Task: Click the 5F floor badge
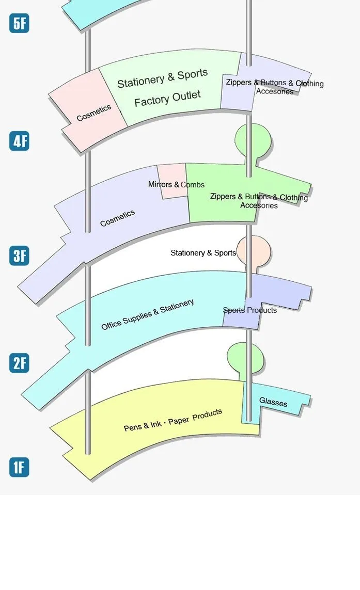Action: click(19, 24)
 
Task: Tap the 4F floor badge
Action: click(19, 141)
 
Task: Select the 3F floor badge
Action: click(19, 256)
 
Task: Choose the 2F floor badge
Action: click(19, 363)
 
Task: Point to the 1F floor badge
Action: click(19, 468)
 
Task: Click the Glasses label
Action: click(273, 402)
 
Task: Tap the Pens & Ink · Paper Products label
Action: click(173, 420)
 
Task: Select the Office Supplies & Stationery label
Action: click(148, 314)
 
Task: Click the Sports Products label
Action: click(250, 310)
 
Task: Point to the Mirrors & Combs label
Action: click(176, 184)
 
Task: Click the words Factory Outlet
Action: click(167, 98)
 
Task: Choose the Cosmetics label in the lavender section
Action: click(117, 218)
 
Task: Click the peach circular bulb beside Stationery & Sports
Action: click(254, 251)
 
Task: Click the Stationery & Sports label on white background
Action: click(203, 253)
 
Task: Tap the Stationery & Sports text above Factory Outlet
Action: click(162, 78)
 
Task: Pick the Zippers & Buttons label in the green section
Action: click(258, 197)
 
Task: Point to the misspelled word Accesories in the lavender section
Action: click(275, 91)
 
